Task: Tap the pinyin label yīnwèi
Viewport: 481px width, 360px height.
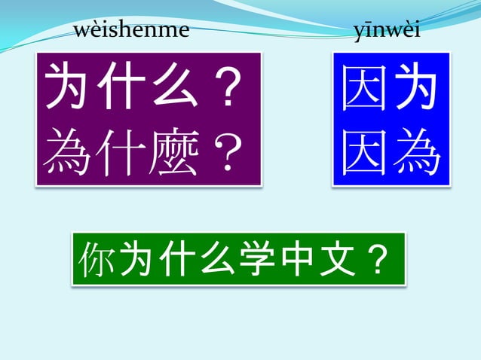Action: click(387, 32)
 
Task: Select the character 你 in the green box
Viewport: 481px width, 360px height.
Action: click(98, 259)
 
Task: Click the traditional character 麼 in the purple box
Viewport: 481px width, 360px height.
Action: click(176, 152)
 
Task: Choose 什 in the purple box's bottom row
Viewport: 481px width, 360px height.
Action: click(123, 152)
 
